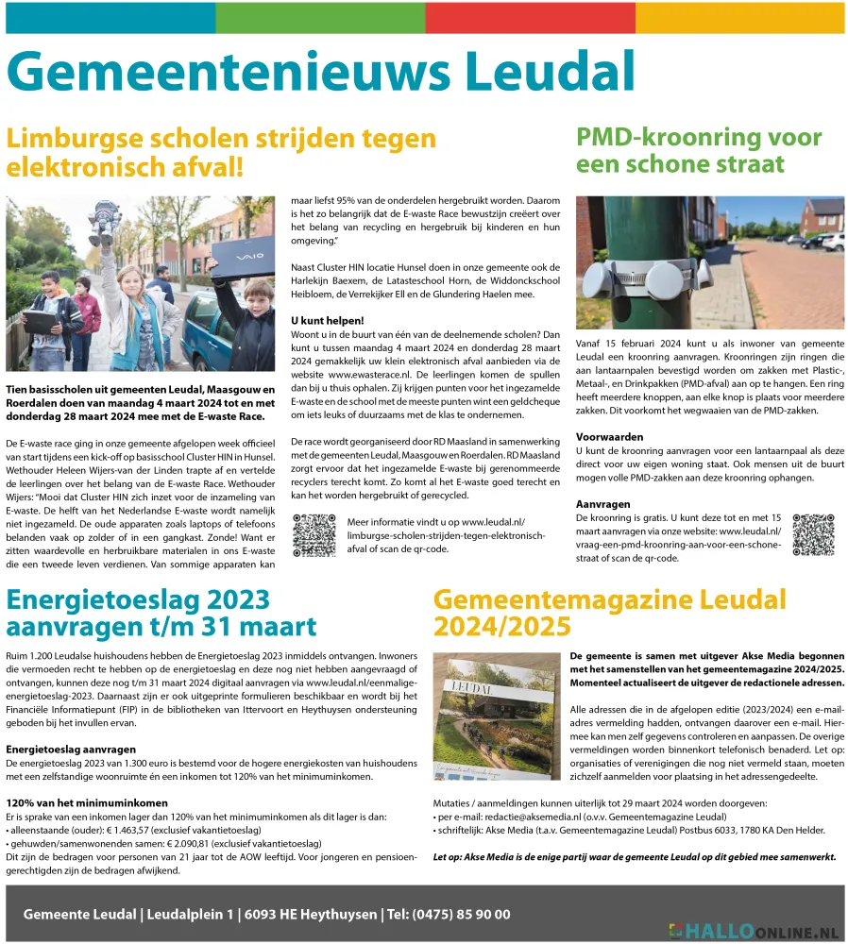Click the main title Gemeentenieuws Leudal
pyautogui.click(x=321, y=72)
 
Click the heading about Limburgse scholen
pyautogui.click(x=221, y=152)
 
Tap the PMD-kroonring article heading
pyautogui.click(x=699, y=149)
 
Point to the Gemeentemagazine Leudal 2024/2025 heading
pyautogui.click(x=609, y=613)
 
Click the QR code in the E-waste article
pyautogui.click(x=314, y=534)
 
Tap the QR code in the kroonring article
pyautogui.click(x=812, y=534)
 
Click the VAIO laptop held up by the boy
pyautogui.click(x=243, y=260)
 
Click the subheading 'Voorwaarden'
pyautogui.click(x=609, y=437)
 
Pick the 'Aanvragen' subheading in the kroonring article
pyautogui.click(x=604, y=504)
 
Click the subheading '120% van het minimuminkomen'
pyautogui.click(x=87, y=802)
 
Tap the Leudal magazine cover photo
pyautogui.click(x=497, y=716)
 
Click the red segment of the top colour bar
pyautogui.click(x=530, y=17)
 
